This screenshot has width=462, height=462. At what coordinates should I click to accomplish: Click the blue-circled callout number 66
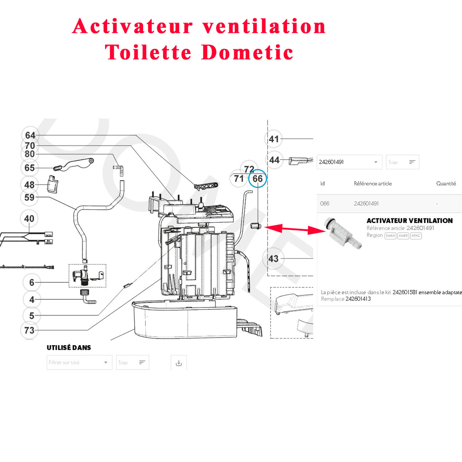[258, 179]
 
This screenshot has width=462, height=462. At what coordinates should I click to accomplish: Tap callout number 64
[30, 135]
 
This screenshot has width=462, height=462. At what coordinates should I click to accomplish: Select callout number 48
[29, 185]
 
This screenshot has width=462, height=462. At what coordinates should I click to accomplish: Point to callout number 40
[29, 219]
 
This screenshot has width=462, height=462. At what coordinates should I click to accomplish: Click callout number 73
[29, 330]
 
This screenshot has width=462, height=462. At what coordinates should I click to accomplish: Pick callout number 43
[273, 259]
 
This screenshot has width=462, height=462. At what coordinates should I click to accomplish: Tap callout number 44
[274, 160]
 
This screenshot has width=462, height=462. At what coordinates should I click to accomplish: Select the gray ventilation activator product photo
[343, 232]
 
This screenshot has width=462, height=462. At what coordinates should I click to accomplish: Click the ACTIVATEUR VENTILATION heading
[409, 221]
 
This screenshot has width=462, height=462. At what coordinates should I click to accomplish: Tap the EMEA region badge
[390, 236]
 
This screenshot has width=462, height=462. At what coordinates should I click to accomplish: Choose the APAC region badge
[416, 236]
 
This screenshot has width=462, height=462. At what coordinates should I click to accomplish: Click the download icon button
[179, 363]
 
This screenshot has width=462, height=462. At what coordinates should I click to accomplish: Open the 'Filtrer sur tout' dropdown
[79, 363]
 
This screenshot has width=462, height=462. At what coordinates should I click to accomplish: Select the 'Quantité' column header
[446, 183]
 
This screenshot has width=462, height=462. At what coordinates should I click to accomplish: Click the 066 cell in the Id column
[325, 204]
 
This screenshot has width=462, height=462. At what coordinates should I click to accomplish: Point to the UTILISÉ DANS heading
[69, 347]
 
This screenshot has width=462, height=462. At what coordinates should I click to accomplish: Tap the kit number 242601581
[405, 292]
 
